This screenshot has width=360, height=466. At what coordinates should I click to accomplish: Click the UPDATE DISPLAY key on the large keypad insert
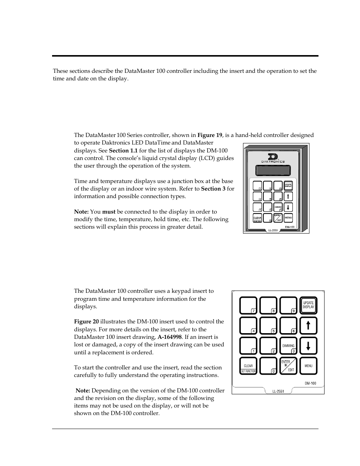point(308,305)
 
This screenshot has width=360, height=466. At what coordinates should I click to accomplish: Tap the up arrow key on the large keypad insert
point(308,325)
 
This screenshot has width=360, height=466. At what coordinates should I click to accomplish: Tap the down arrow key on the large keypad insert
point(308,346)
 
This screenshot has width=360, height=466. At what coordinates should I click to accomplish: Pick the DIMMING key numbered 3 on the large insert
point(288,346)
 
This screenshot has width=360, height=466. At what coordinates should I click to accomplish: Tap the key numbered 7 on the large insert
point(248,305)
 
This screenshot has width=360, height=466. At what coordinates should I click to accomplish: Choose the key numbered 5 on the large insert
point(268,325)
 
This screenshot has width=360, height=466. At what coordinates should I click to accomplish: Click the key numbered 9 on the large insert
point(288,305)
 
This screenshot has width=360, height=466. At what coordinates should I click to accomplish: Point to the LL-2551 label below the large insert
point(278,391)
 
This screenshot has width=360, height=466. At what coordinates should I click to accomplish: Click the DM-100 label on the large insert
point(310,383)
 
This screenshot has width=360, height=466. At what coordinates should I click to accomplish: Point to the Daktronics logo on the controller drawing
point(271,158)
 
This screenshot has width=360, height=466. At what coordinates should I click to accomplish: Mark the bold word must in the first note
point(109,212)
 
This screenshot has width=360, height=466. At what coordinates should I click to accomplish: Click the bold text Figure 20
point(86,321)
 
